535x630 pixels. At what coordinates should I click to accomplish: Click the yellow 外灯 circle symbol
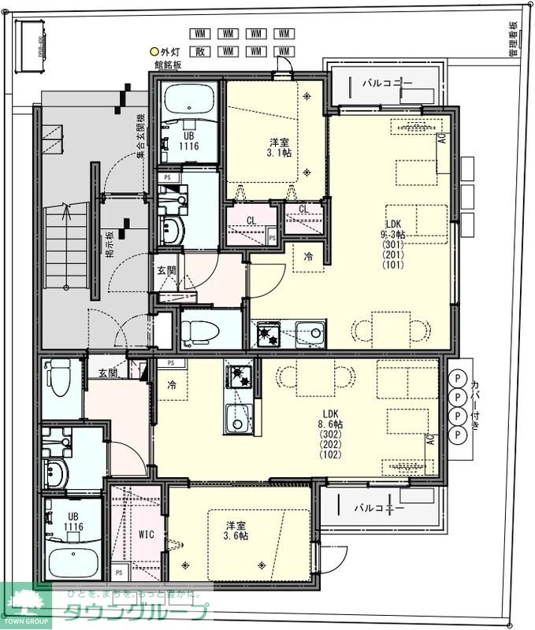(x=154, y=52)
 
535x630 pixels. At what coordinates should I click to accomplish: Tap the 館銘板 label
(x=168, y=65)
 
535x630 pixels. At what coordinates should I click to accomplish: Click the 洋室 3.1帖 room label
(x=280, y=147)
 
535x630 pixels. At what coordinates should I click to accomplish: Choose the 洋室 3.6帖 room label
(x=236, y=530)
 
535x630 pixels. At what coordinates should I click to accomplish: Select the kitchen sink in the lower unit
(x=236, y=418)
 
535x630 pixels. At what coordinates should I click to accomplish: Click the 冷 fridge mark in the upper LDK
(x=308, y=256)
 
